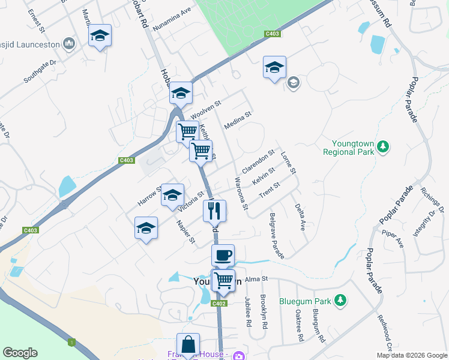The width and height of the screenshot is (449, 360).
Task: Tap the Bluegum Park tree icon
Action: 340,299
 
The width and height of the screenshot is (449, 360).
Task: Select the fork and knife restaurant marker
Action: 214,211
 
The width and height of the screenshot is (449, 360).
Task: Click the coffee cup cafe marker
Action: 223,256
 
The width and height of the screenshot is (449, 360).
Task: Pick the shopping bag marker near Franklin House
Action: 188,344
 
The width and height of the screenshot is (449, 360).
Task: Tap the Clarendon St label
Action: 258,159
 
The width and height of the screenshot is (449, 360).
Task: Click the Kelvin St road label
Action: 264,176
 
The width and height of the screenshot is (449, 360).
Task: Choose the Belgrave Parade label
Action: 277,235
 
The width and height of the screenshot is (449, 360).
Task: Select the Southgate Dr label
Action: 40,70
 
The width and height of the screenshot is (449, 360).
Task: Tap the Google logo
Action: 20,353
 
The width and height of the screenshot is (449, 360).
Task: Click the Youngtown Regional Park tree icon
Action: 382,146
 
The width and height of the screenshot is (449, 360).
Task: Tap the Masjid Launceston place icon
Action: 69,44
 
